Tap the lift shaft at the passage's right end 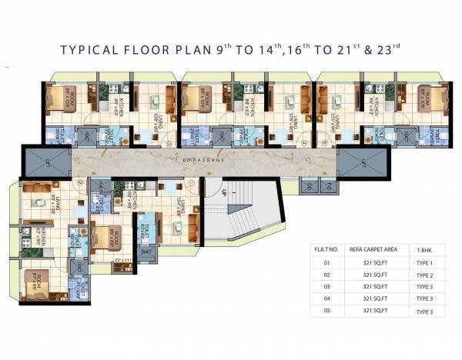click(x=353, y=162)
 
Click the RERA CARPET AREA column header click(x=373, y=249)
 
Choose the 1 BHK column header click(x=424, y=249)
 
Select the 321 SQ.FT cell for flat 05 click(x=373, y=312)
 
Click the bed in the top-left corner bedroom click(x=57, y=98)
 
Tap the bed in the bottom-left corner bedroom click(x=36, y=288)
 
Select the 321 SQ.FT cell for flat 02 click(x=373, y=275)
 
